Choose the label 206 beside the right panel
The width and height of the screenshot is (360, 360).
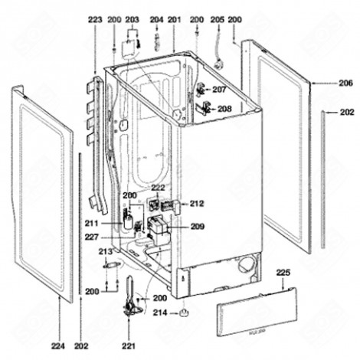[345, 82]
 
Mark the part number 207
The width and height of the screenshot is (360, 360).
[220, 90]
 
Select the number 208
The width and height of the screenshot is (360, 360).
[224, 109]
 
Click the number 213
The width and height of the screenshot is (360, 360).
[106, 251]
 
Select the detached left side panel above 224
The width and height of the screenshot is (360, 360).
[44, 199]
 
